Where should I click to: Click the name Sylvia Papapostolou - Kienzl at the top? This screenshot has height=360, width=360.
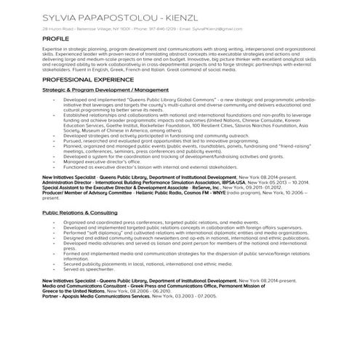click(115, 15)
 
